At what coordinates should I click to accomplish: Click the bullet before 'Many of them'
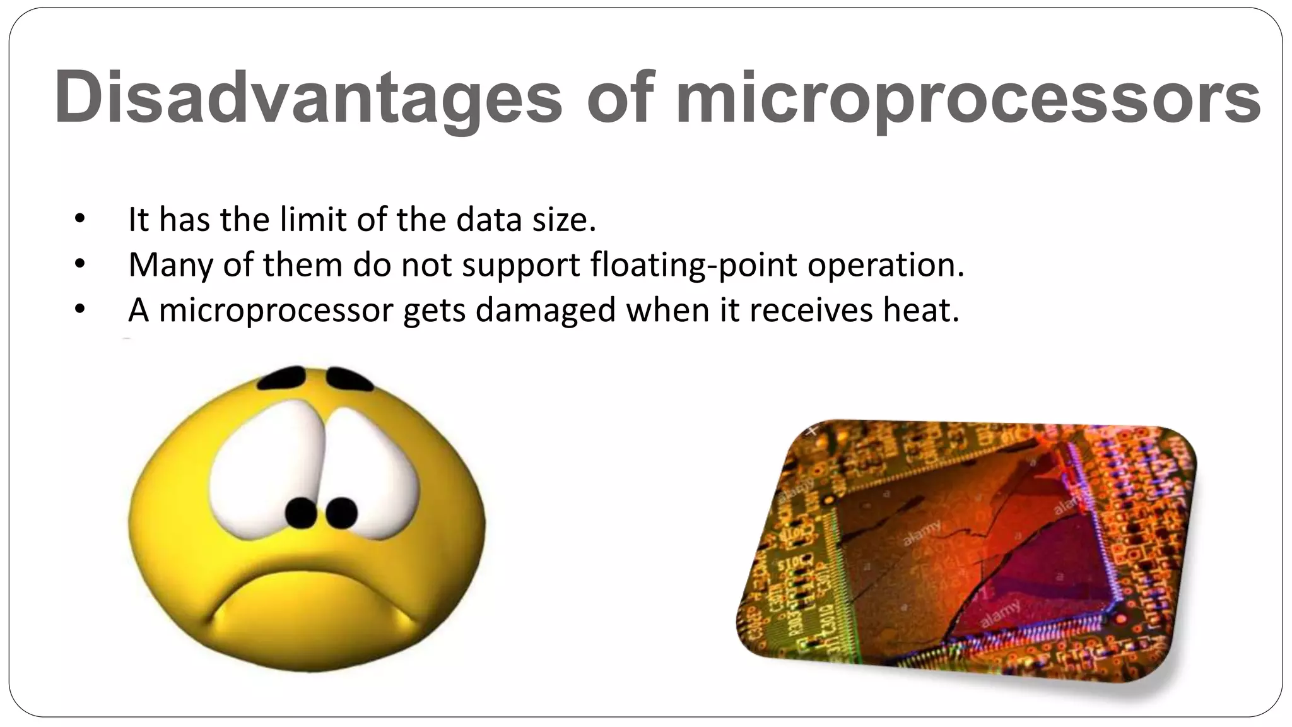[x=79, y=264]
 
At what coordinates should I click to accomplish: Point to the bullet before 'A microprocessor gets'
[x=79, y=309]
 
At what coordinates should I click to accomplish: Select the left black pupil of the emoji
[x=301, y=512]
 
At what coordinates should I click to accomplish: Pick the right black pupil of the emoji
[x=341, y=512]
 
